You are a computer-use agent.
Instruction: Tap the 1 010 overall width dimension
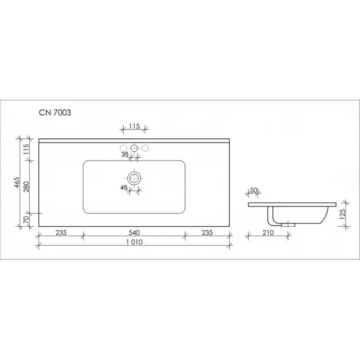133,243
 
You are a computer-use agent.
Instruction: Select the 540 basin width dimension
133,232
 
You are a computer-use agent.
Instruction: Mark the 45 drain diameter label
124,187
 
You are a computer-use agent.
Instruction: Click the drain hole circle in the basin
134,179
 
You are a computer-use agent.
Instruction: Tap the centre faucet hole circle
134,148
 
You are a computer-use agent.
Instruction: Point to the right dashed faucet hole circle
145,148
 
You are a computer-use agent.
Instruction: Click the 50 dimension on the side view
255,191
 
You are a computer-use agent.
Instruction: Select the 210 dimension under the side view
268,233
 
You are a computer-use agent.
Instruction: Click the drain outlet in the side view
290,224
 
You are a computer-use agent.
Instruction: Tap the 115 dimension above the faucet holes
134,126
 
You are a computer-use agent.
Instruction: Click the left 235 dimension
61,232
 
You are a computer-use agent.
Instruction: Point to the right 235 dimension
207,232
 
